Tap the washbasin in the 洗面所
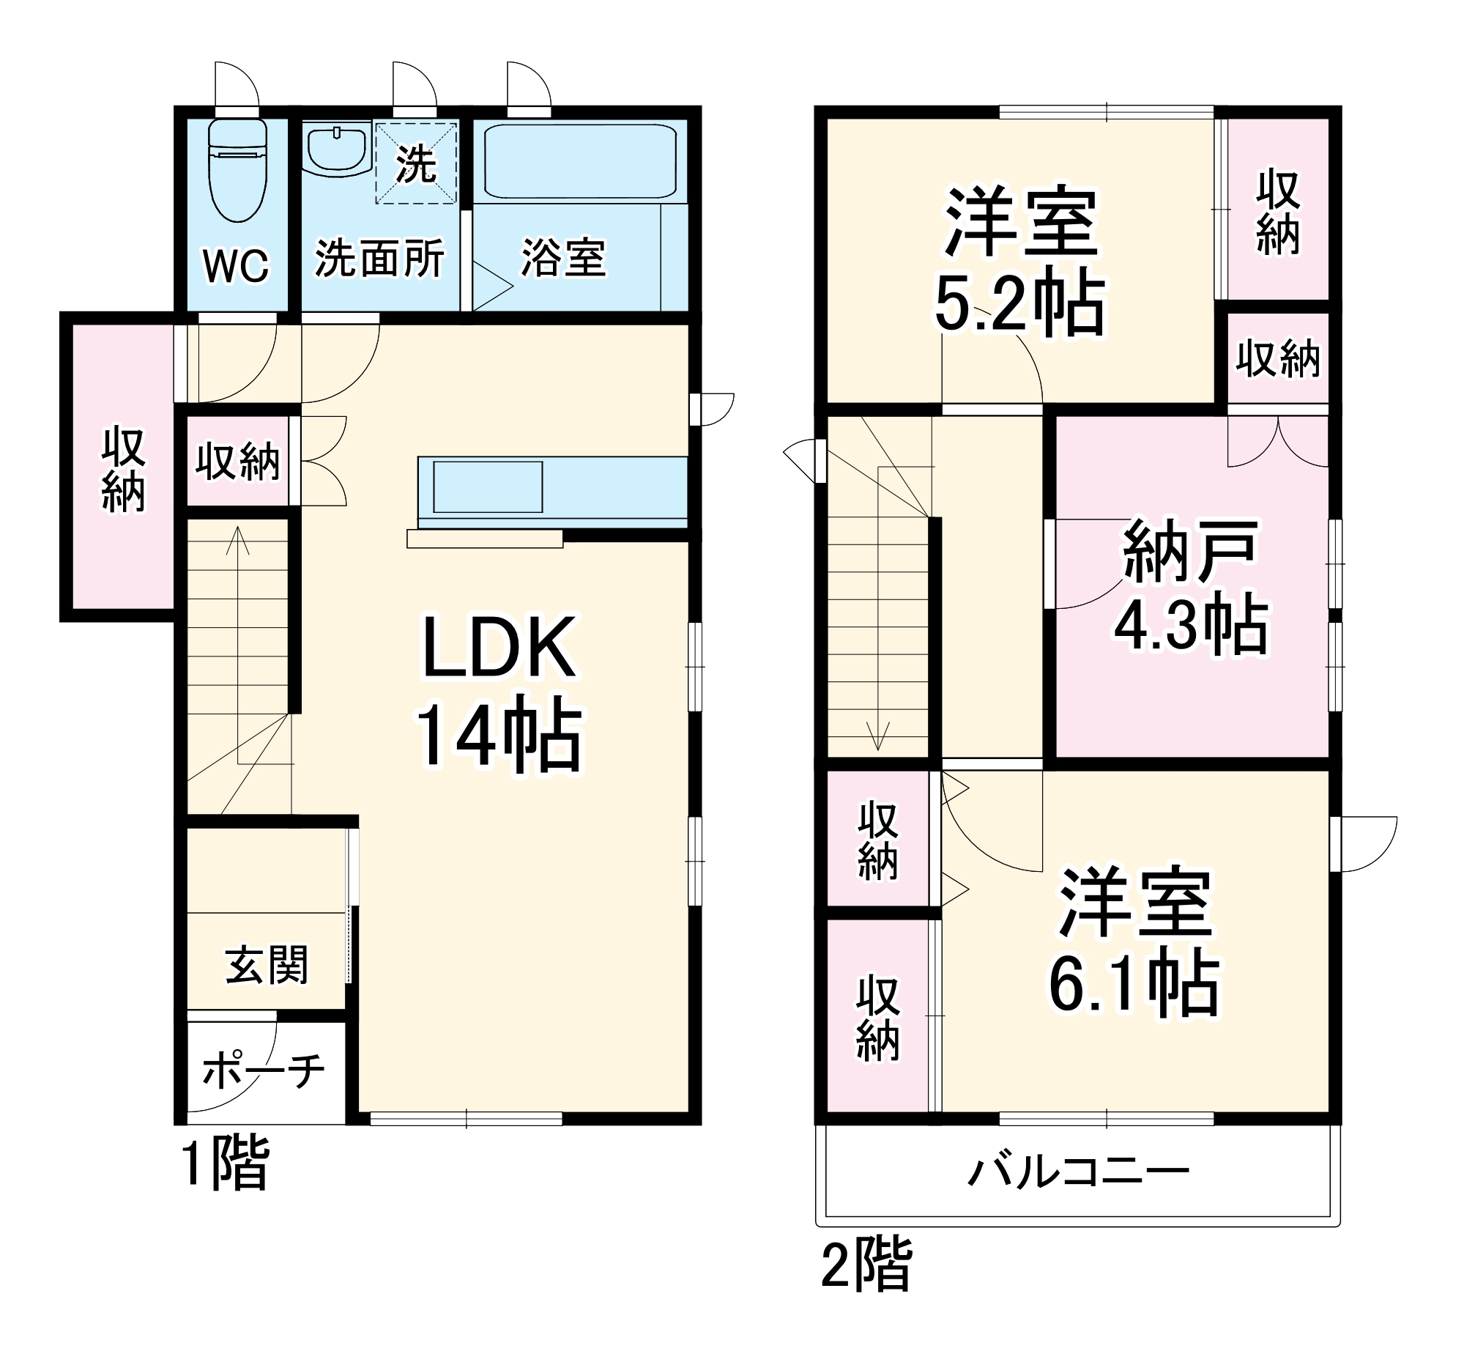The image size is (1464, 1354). [336, 150]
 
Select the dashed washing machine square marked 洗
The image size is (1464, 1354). [416, 163]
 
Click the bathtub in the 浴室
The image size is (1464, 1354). [579, 161]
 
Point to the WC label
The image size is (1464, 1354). [236, 265]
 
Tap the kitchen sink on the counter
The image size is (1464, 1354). [488, 487]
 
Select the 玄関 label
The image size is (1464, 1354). [267, 964]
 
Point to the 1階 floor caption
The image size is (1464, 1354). [225, 1163]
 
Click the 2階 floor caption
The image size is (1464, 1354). [866, 1264]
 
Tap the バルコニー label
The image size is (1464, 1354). [1078, 1172]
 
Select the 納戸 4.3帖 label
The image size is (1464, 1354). [1191, 586]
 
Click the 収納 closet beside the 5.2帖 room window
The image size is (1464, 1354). [1278, 212]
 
